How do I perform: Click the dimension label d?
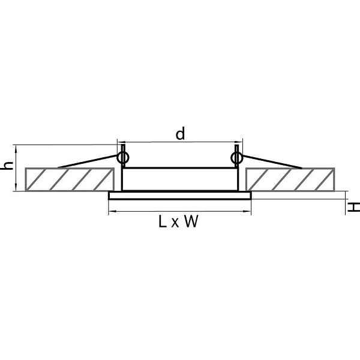[x=180, y=134]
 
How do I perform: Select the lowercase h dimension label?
[x=7, y=166]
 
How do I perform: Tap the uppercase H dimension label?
[x=353, y=208]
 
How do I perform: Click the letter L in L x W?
[x=163, y=221]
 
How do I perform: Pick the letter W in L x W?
[x=191, y=221]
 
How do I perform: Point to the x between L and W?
[x=175, y=223]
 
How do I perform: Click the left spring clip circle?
[x=123, y=158]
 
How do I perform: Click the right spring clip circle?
[x=237, y=158]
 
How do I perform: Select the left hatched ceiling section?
[x=70, y=179]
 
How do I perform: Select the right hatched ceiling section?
[x=290, y=179]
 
